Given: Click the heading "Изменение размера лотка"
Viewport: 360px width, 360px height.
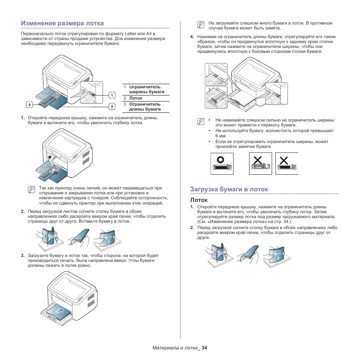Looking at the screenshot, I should pyautogui.click(x=62, y=23).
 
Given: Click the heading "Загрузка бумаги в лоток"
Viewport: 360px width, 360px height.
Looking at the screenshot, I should pyautogui.click(x=229, y=189).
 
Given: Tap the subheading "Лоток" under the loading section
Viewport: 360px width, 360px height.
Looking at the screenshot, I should pyautogui.click(x=199, y=199).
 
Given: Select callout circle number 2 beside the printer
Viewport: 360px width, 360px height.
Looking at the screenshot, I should pyautogui.click(x=112, y=106).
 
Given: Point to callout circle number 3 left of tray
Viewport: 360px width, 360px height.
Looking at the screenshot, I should pyautogui.click(x=29, y=104).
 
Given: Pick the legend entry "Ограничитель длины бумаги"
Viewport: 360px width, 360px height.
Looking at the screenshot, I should pyautogui.click(x=145, y=107).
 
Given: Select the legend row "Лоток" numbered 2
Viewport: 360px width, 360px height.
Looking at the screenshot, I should pyautogui.click(x=135, y=98).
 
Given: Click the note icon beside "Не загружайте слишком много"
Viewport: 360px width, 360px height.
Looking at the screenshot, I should pyautogui.click(x=201, y=25).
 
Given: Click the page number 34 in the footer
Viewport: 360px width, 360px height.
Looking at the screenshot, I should pyautogui.click(x=205, y=348).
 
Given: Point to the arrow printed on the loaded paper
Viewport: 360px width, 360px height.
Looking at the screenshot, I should pyautogui.click(x=60, y=311).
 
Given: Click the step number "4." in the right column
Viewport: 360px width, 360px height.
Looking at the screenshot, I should pyautogui.click(x=192, y=37).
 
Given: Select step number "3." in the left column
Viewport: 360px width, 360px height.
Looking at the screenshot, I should pyautogui.click(x=23, y=255).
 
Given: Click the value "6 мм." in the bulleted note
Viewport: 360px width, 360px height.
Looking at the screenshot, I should pyautogui.click(x=221, y=135).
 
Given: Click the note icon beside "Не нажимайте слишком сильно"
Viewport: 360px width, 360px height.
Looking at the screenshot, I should pyautogui.click(x=201, y=122).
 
